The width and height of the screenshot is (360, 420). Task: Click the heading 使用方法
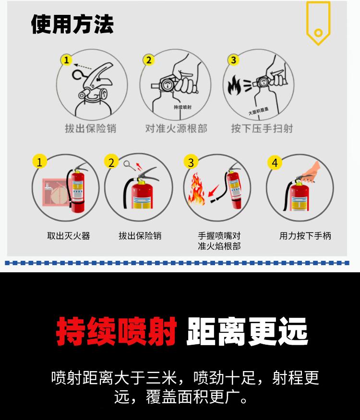(x=72, y=24)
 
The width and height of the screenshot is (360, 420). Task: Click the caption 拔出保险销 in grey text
(x=91, y=128)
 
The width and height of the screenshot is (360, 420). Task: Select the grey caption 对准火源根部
(x=176, y=128)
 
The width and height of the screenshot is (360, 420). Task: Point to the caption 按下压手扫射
(x=262, y=128)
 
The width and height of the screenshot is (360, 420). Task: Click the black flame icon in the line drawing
(x=234, y=85)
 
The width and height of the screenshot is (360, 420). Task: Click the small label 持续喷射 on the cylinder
(x=183, y=107)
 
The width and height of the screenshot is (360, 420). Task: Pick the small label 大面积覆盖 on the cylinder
(x=258, y=111)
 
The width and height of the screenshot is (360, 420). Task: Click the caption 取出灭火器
(x=69, y=236)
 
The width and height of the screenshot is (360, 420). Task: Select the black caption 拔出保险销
(x=140, y=236)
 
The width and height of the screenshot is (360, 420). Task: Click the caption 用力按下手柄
(x=305, y=236)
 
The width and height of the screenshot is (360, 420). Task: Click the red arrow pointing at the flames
(x=214, y=190)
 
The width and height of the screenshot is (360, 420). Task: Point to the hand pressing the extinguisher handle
(x=311, y=172)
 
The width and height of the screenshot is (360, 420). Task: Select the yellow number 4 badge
(x=275, y=163)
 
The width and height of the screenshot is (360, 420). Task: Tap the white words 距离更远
(x=247, y=331)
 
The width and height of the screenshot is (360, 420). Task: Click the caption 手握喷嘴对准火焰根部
(x=219, y=241)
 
